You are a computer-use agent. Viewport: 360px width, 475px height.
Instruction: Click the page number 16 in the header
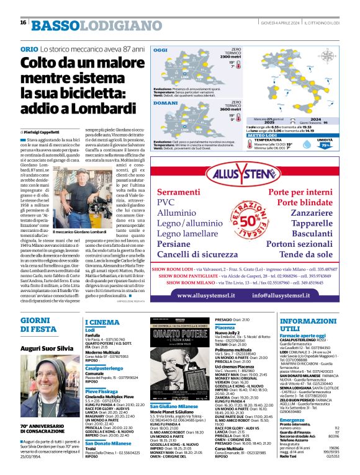[22, 22]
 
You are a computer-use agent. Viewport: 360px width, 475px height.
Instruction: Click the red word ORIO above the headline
[29, 48]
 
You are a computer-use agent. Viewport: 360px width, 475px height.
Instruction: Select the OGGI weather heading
[161, 50]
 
